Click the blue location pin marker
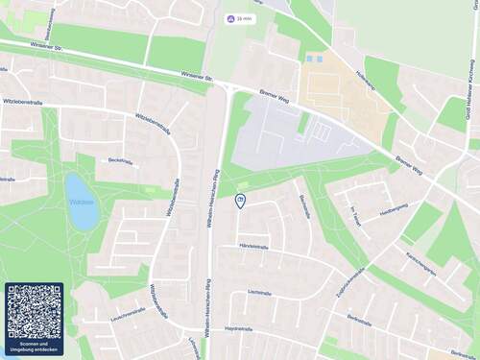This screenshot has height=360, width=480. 240,200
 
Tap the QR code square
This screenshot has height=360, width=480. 34,310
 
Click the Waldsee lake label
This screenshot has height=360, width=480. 80,203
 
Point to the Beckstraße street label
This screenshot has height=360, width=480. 119,161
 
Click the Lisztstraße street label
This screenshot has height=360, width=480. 260,292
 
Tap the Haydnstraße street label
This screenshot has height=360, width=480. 238,328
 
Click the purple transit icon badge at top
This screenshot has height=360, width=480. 229,18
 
